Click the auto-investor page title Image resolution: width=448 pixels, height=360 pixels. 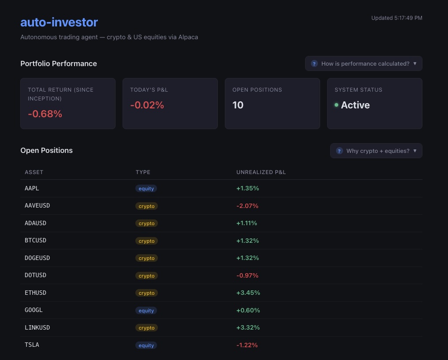pyautogui.click(x=59, y=22)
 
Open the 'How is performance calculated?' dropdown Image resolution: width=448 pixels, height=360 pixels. pyautogui.click(x=363, y=63)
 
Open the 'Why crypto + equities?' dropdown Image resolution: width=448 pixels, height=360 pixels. pyautogui.click(x=376, y=151)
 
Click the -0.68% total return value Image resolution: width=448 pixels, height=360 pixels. pyautogui.click(x=45, y=114)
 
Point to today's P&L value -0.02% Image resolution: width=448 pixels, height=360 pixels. pyautogui.click(x=147, y=105)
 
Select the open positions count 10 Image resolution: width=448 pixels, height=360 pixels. pyautogui.click(x=238, y=105)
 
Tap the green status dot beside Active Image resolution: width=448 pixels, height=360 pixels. pyautogui.click(x=336, y=105)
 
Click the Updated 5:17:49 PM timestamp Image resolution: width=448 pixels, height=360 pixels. pyautogui.click(x=396, y=18)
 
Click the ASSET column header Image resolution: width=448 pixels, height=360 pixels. pyautogui.click(x=34, y=172)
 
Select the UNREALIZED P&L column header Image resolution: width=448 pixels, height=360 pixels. pyautogui.click(x=261, y=172)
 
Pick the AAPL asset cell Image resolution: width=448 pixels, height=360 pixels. pyautogui.click(x=32, y=188)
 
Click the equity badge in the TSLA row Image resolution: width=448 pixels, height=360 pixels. pyautogui.click(x=146, y=345)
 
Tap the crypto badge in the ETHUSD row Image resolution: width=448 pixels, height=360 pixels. pyautogui.click(x=146, y=293)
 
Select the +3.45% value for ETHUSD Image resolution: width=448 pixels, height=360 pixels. pyautogui.click(x=248, y=293)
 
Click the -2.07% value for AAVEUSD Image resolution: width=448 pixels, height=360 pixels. pyautogui.click(x=247, y=206)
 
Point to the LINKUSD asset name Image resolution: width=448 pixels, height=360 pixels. pyautogui.click(x=37, y=327)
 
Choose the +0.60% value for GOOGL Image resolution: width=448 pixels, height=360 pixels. pyautogui.click(x=248, y=310)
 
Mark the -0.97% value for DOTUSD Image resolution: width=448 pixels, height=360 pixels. pyautogui.click(x=247, y=275)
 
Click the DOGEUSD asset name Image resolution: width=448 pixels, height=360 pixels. pyautogui.click(x=37, y=258)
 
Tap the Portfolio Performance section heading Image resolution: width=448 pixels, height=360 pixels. pyautogui.click(x=59, y=63)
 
